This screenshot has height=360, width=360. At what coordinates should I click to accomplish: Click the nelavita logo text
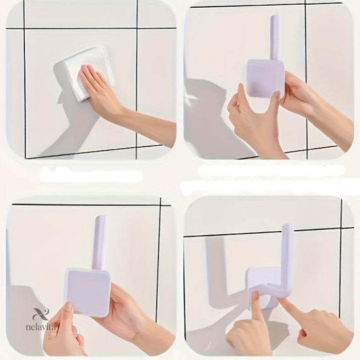(41, 327)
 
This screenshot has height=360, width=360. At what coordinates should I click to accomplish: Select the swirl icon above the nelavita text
(41, 314)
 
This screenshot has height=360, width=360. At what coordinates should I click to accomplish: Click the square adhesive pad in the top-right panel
(266, 78)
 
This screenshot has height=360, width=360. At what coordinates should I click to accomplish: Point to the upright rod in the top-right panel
(275, 37)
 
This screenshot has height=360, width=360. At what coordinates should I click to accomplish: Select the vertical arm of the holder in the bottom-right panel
(288, 260)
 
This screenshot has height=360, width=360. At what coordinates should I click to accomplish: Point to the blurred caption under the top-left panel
(91, 176)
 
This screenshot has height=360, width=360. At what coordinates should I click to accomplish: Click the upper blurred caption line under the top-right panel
(271, 170)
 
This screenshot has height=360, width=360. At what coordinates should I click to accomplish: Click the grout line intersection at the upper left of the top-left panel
(24, 29)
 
